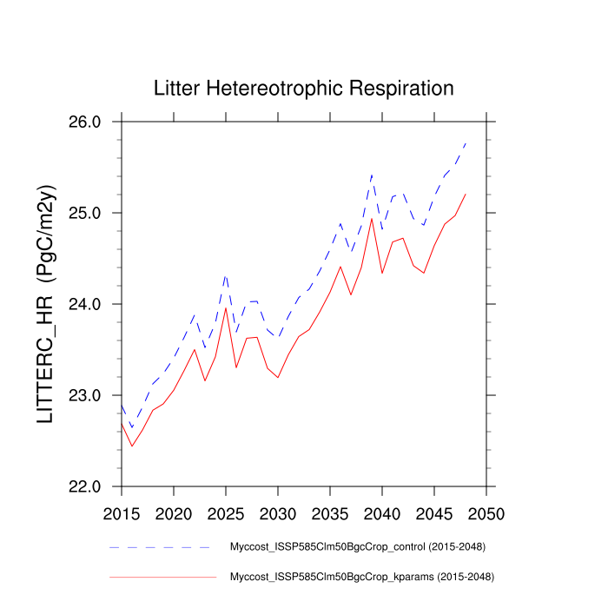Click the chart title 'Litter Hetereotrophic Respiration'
coord(303,89)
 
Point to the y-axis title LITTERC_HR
coord(47,304)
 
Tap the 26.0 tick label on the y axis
coord(84,122)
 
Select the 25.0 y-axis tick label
coord(84,214)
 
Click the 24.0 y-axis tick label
coord(84,305)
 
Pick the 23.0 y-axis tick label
coord(84,396)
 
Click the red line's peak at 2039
coord(372,218)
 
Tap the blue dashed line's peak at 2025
coord(226,274)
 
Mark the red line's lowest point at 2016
coord(132,446)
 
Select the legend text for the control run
coord(357,547)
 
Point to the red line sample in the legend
coord(162,576)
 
